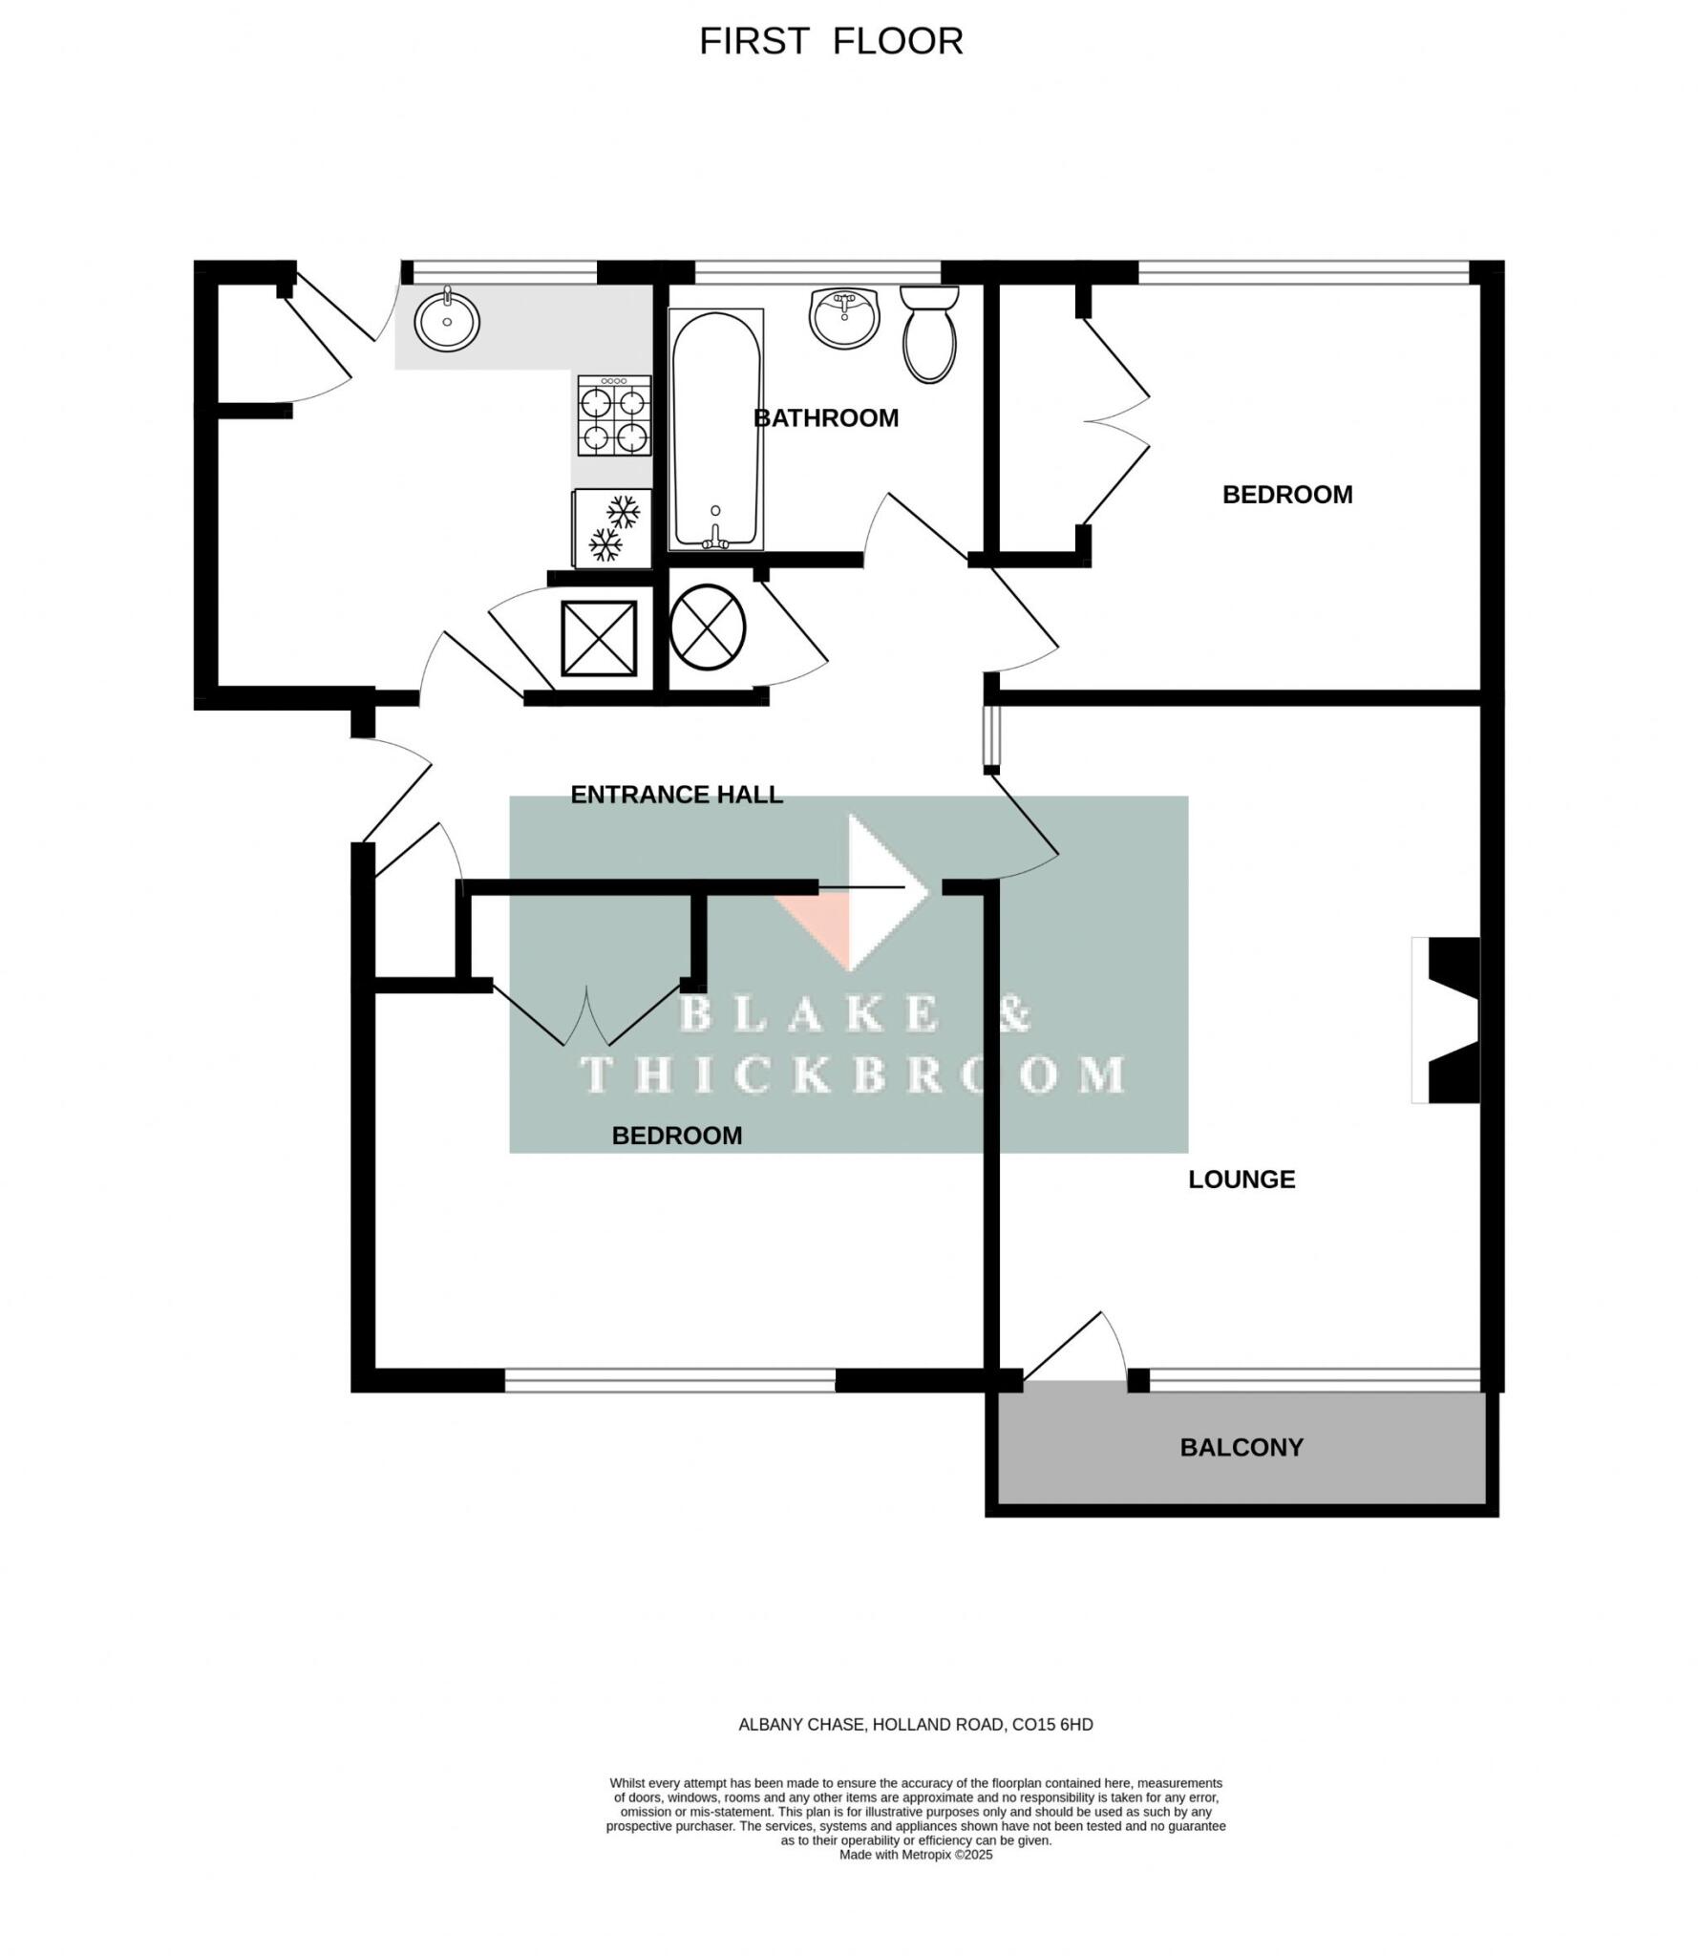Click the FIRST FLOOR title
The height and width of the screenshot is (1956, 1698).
click(x=831, y=41)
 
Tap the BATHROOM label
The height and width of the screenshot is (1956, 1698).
click(x=825, y=417)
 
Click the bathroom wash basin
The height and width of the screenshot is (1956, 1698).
click(x=843, y=317)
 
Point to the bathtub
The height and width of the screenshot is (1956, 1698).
click(x=715, y=430)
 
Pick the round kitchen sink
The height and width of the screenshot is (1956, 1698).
click(x=447, y=321)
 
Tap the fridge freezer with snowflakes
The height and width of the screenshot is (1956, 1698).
click(x=612, y=527)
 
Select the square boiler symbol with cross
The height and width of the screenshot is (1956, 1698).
click(x=599, y=637)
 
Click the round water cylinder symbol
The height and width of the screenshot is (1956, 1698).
click(x=707, y=627)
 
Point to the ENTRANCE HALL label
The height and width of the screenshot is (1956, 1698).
click(x=676, y=795)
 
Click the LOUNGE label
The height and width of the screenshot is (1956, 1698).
click(x=1241, y=1180)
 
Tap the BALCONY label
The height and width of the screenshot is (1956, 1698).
click(x=1241, y=1447)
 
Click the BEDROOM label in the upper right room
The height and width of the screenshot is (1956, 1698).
click(x=1286, y=495)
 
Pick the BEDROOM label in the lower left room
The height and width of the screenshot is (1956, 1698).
click(x=676, y=1136)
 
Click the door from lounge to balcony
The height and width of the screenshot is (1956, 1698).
click(x=1075, y=1348)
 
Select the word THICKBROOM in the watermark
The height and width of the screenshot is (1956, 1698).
click(x=852, y=1075)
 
